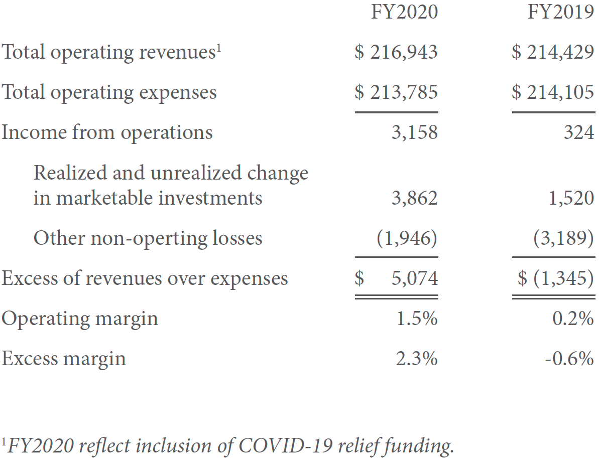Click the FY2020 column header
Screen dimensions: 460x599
tap(404, 12)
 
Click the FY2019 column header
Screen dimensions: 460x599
tap(561, 12)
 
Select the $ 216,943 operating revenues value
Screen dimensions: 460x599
tap(396, 52)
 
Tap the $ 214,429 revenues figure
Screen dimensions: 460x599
tap(553, 52)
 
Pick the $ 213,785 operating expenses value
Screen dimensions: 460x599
tap(396, 92)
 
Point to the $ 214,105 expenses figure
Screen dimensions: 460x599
tap(553, 92)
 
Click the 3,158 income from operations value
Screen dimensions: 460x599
tap(414, 132)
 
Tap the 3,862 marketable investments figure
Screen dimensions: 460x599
tap(414, 198)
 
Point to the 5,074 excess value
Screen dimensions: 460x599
tap(414, 278)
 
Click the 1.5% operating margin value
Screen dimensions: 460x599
tap(417, 319)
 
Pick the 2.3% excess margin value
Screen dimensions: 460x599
tap(417, 359)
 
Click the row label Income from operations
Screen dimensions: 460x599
tap(107, 132)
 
